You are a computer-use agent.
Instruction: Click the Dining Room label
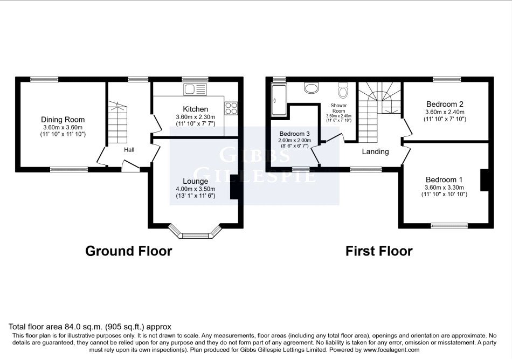63,120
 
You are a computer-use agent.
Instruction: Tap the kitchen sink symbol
195,89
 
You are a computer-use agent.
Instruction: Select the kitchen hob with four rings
231,108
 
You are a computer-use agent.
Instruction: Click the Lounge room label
195,181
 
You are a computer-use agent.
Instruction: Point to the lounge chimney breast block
234,186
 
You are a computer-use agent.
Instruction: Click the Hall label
129,150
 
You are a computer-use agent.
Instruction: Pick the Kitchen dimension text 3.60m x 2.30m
195,117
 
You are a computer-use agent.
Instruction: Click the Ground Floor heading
129,251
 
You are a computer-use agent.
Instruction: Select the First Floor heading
379,251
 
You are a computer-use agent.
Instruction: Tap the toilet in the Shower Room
343,90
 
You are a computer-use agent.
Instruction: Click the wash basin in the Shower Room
311,87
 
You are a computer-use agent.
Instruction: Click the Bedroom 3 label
294,134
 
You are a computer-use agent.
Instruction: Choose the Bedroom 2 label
445,105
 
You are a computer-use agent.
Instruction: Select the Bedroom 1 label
444,180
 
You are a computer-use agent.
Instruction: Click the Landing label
375,152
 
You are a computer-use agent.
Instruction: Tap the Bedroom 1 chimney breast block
485,180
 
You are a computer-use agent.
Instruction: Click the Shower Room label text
338,108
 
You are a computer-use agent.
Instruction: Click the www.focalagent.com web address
391,350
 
